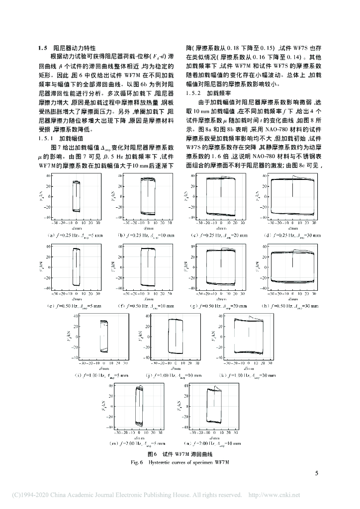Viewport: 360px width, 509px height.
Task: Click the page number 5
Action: tap(316, 473)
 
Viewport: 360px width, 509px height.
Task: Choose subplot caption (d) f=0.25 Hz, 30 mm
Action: tap(289, 235)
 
